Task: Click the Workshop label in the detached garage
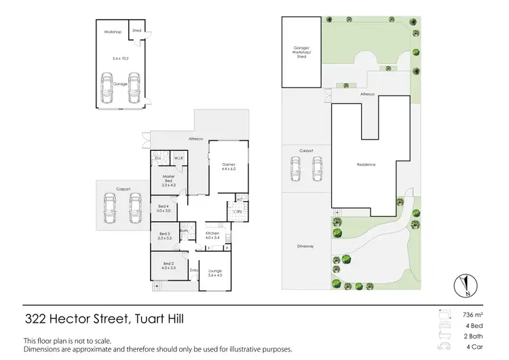(112, 32)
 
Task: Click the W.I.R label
(178, 158)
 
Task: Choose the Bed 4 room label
(163, 209)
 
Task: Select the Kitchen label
(213, 235)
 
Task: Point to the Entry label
(194, 271)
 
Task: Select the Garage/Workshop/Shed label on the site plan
(301, 52)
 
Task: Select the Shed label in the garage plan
(136, 31)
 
